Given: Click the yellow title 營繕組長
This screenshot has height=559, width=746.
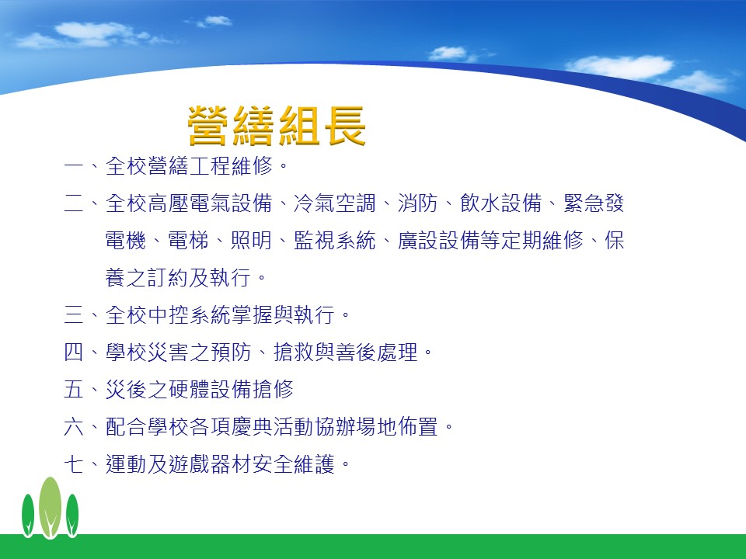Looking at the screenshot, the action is [x=277, y=126].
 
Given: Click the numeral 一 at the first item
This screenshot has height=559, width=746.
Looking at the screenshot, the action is [x=74, y=166].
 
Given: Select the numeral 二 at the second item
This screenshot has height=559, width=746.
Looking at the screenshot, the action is [x=74, y=203].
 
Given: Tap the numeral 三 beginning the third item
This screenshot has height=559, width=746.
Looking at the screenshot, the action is [x=74, y=314].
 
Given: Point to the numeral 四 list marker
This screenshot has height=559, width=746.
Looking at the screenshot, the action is [x=74, y=352].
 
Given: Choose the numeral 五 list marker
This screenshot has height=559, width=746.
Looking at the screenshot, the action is [x=74, y=389].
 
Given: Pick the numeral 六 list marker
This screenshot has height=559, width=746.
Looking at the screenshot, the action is [x=74, y=426].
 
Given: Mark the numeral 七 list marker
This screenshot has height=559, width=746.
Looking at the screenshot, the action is [x=74, y=464].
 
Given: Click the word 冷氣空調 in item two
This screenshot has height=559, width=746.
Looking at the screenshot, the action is [x=334, y=203].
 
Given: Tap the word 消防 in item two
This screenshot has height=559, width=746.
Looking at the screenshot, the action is [x=418, y=203].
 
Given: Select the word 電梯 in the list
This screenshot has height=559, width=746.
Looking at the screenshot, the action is [x=188, y=240].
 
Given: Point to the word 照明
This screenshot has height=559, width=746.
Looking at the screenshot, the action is [x=251, y=240].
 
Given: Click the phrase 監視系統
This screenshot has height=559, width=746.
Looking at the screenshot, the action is [x=334, y=240].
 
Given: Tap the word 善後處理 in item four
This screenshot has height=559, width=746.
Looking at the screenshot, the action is [x=376, y=352].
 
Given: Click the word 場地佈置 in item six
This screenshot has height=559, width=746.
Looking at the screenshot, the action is [x=397, y=426].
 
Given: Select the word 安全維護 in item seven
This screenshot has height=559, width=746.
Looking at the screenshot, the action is [x=293, y=464].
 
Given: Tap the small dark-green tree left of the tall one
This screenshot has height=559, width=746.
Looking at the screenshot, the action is [x=28, y=515].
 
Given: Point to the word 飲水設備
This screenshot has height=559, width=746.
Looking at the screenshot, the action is [x=501, y=203].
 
